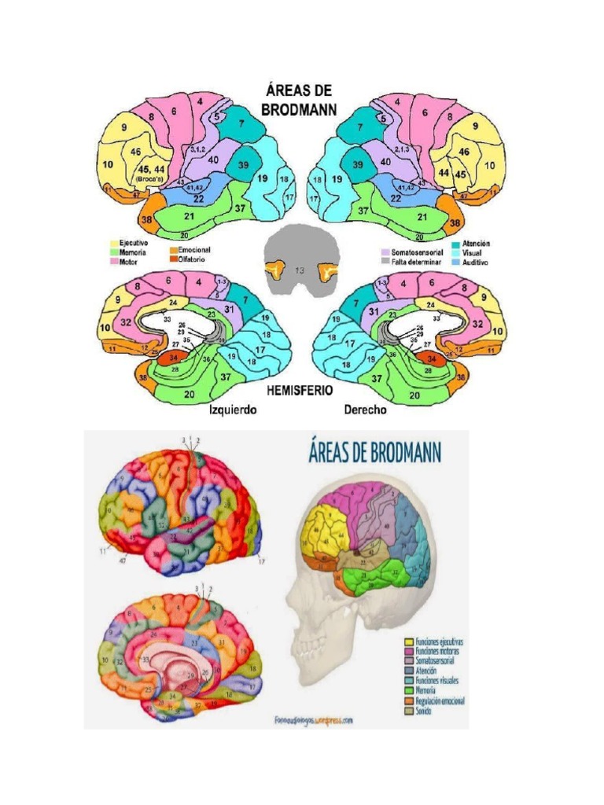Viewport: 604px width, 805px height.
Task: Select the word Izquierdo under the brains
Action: point(233,410)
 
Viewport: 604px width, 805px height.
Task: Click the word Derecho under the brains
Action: point(368,410)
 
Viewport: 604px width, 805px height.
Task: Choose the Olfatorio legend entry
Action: point(193,259)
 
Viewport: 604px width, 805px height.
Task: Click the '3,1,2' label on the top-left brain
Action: point(198,148)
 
